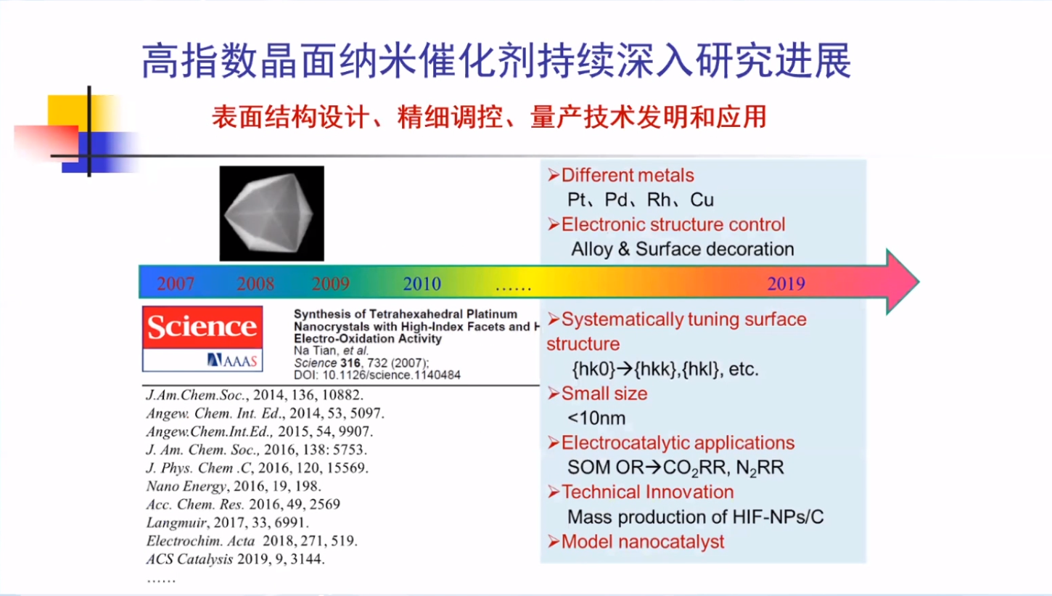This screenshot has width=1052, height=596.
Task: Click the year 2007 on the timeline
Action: [x=175, y=283]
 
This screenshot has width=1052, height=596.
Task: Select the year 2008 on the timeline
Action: [x=255, y=283]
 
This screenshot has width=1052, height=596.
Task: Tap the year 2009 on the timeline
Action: [x=331, y=283]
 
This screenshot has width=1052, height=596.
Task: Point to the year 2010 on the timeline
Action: [x=422, y=283]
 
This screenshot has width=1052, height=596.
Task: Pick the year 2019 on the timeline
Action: [x=786, y=283]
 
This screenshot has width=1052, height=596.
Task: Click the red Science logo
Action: [x=202, y=327]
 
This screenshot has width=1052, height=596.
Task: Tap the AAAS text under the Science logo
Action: [x=232, y=361]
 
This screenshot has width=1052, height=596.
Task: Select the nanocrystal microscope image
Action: [x=271, y=213]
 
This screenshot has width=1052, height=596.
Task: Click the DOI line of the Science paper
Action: [x=377, y=375]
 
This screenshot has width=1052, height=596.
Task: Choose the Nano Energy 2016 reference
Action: [x=234, y=486]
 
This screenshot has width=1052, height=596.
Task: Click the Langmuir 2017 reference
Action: [x=228, y=523]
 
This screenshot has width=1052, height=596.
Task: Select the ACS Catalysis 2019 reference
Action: [x=235, y=559]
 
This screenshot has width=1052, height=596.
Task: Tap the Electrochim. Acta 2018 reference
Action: [x=252, y=541]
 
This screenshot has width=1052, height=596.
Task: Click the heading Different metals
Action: [x=628, y=176]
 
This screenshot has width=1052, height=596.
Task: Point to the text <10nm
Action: [x=596, y=418]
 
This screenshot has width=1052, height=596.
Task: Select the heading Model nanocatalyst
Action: [x=643, y=542]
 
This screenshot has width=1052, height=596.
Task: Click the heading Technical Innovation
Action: [x=648, y=492]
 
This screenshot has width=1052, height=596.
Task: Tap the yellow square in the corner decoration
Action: [x=68, y=110]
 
